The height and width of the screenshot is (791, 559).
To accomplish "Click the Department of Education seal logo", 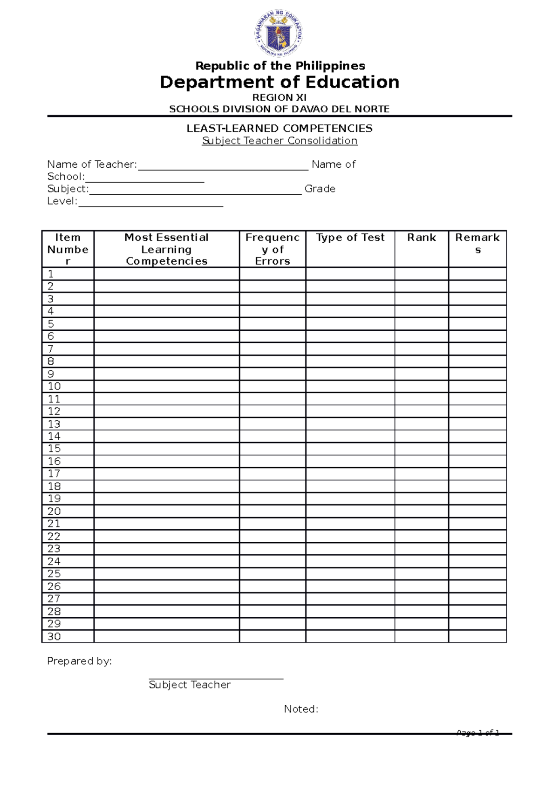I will (x=279, y=34).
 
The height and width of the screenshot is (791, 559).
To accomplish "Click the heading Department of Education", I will (x=279, y=82).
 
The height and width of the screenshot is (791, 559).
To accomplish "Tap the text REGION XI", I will (x=279, y=97).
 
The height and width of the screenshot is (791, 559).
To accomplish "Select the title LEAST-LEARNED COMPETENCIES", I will (x=279, y=128).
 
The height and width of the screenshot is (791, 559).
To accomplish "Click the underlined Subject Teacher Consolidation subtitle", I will (x=279, y=141).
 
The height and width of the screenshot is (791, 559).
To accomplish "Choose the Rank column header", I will (x=422, y=238).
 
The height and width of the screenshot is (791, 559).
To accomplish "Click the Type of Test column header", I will (x=350, y=238).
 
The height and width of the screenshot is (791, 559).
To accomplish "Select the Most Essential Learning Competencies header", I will (x=167, y=249).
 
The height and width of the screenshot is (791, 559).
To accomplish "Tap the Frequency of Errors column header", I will (x=273, y=249).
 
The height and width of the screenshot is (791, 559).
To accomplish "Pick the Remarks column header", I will (x=477, y=243).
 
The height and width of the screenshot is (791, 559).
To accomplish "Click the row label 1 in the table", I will (x=51, y=274).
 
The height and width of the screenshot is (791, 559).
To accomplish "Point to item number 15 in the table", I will (x=54, y=449).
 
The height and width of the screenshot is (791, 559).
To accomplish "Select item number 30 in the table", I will (x=54, y=636).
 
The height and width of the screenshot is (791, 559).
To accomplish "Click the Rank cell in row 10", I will (x=422, y=386).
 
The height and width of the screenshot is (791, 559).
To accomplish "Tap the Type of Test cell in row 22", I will (x=350, y=536).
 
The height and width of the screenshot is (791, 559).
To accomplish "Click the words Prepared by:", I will (x=80, y=661).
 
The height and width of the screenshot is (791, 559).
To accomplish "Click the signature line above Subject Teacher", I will (x=216, y=678).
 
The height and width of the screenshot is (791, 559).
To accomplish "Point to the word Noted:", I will (x=301, y=709).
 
